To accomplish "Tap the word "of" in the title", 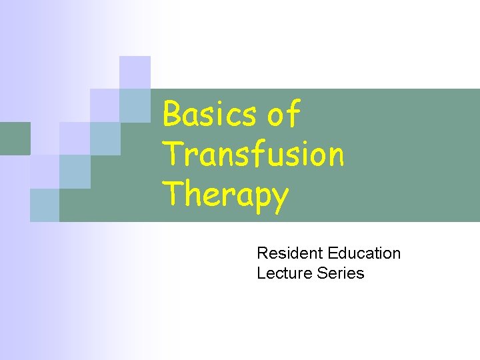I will coord(284,114).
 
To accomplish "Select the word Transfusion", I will coord(253,154).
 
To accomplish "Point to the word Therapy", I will coord(226,195).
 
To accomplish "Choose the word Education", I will coord(364,253).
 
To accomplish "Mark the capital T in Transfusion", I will coord(172,154).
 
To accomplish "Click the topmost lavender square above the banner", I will coord(135,72).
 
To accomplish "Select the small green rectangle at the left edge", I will coord(15,139).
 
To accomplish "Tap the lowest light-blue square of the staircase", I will coord(45,205).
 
